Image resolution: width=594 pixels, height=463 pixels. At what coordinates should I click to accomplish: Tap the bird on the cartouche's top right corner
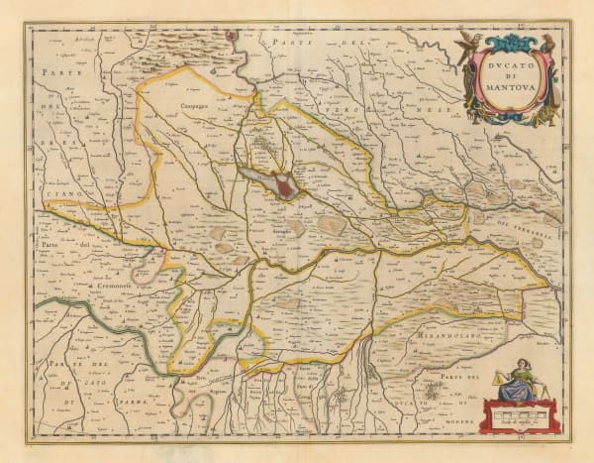[545, 41]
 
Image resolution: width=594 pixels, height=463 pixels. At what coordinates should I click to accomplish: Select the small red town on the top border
[233, 36]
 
